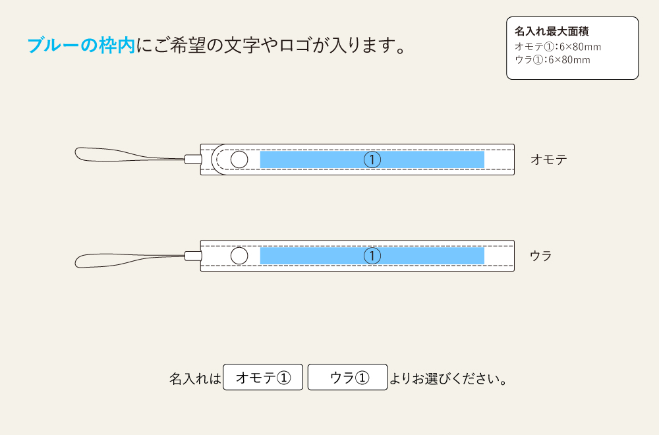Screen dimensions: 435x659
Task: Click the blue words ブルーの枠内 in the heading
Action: pos(80,45)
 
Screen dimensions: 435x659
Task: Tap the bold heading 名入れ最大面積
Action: pos(552,31)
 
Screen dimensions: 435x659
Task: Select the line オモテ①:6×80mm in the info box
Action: pos(558,47)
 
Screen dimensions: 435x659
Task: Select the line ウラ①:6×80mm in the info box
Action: pos(552,60)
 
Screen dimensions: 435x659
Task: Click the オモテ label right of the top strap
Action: pos(548,159)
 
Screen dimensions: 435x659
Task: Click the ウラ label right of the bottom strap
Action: pos(541,256)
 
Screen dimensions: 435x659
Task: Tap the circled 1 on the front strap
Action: pos(372,159)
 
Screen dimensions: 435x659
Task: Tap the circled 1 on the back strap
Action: pos(372,256)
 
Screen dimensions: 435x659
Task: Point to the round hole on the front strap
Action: pos(239,159)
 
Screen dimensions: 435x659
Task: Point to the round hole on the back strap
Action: pos(239,256)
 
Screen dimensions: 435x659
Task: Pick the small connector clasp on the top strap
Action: pos(193,159)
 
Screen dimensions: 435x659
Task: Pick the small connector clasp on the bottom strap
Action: pos(193,256)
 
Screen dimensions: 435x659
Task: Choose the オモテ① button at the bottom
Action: pos(263,378)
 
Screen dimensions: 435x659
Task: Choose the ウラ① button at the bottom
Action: pos(347,378)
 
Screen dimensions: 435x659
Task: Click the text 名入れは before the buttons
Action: pos(195,379)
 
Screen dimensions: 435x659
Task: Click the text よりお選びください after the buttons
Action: pos(447,379)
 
